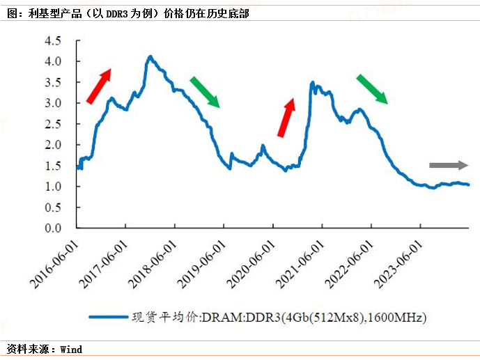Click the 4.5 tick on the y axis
pos(54,40)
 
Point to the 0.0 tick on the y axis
pos(54,228)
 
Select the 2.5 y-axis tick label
pos(54,124)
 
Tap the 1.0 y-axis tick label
pos(54,187)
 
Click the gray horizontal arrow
pos(449,165)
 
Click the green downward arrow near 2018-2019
pos(205,91)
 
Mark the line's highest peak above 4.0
pos(150,56)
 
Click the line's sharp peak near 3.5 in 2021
pos(312,82)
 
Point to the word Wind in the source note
pos(71,349)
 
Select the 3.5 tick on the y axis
pos(54,82)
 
